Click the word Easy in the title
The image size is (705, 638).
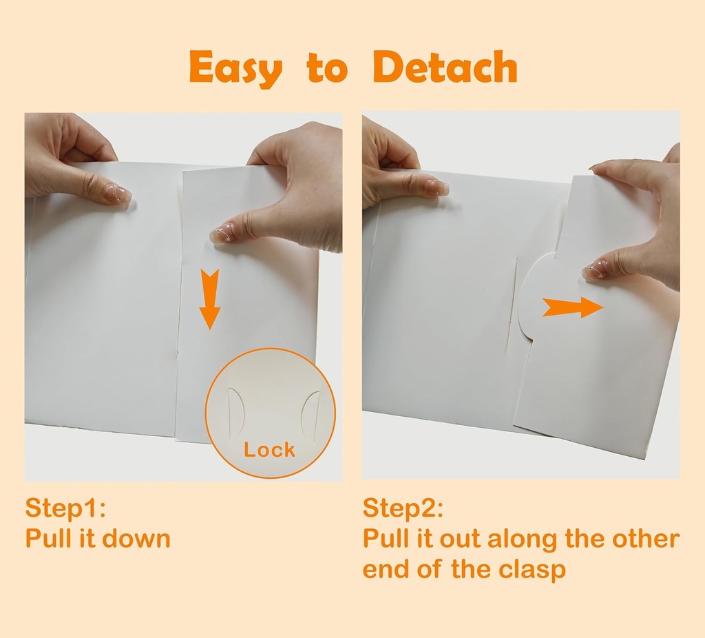236,68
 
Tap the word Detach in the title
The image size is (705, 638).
445,67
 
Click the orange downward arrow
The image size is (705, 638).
209,299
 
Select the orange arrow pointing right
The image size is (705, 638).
573,307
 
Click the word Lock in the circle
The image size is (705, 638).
269,449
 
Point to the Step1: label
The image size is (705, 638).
65,508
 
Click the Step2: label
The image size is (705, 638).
403,508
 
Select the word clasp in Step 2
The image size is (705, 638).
532,570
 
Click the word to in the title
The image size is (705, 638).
328,69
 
